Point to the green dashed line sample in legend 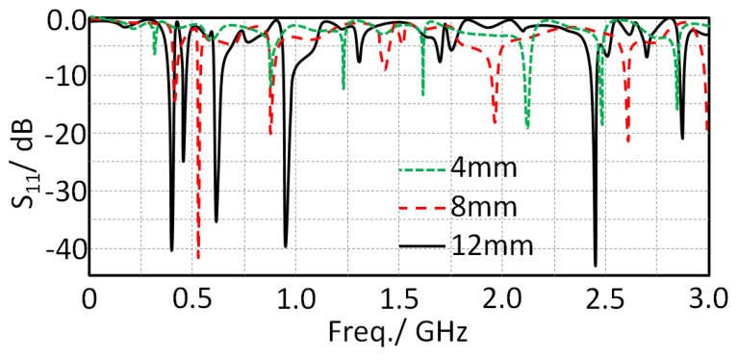[x=421, y=169]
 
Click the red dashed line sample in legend [x=421, y=207]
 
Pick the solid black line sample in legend [x=421, y=245]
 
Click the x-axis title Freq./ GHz [x=397, y=335]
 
